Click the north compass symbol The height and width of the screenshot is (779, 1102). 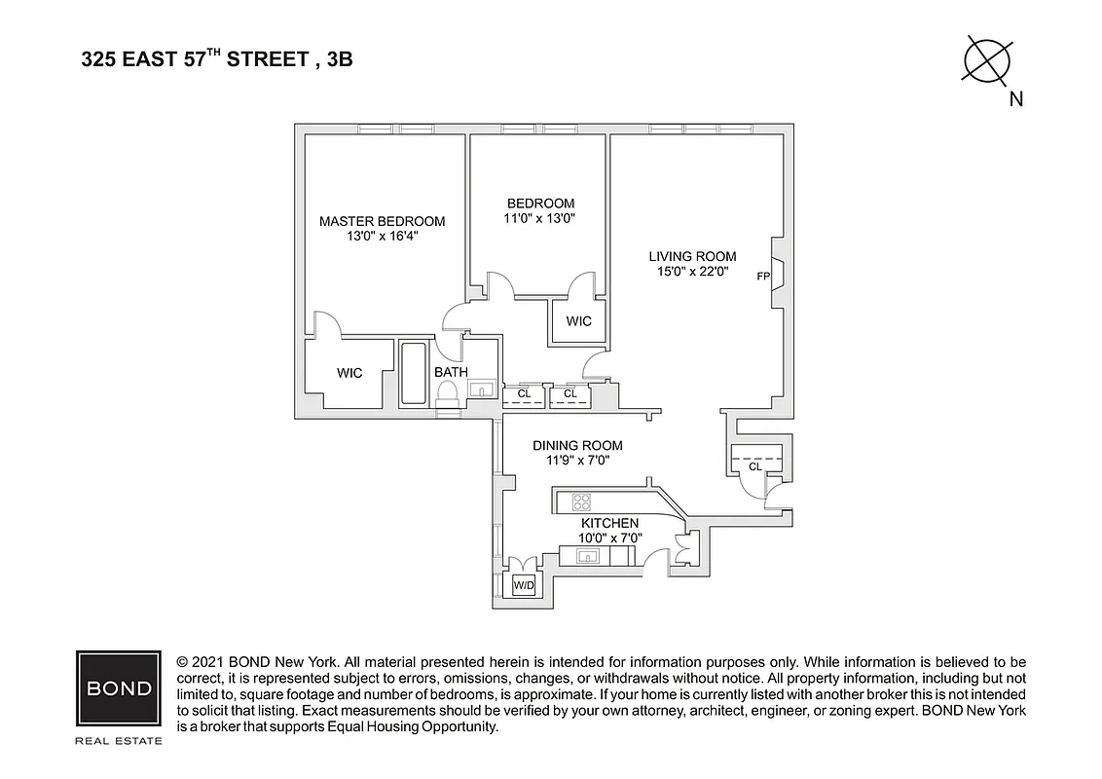point(987,60)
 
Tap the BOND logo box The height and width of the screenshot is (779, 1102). point(119,688)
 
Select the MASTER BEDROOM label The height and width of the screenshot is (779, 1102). point(382,221)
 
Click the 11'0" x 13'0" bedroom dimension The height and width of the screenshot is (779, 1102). point(541,219)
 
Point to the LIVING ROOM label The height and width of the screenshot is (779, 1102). point(692,256)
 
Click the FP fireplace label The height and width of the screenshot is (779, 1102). point(763,277)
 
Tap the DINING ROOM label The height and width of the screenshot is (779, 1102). point(577,446)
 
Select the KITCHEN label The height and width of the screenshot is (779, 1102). point(608,524)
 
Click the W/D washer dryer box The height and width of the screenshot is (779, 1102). point(524,585)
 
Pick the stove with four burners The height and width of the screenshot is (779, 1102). point(581,502)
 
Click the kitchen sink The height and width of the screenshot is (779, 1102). point(588,556)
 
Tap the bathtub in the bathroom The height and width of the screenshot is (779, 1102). point(413,375)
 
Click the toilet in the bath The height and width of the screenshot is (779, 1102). point(448,394)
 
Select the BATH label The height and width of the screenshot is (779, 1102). point(451,372)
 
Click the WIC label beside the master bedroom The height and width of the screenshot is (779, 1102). point(349,373)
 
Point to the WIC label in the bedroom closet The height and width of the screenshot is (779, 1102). point(578,321)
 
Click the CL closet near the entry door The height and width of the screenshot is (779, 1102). point(755,467)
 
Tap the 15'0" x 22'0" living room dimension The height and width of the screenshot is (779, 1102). point(692,272)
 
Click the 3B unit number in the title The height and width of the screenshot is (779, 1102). point(340,59)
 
